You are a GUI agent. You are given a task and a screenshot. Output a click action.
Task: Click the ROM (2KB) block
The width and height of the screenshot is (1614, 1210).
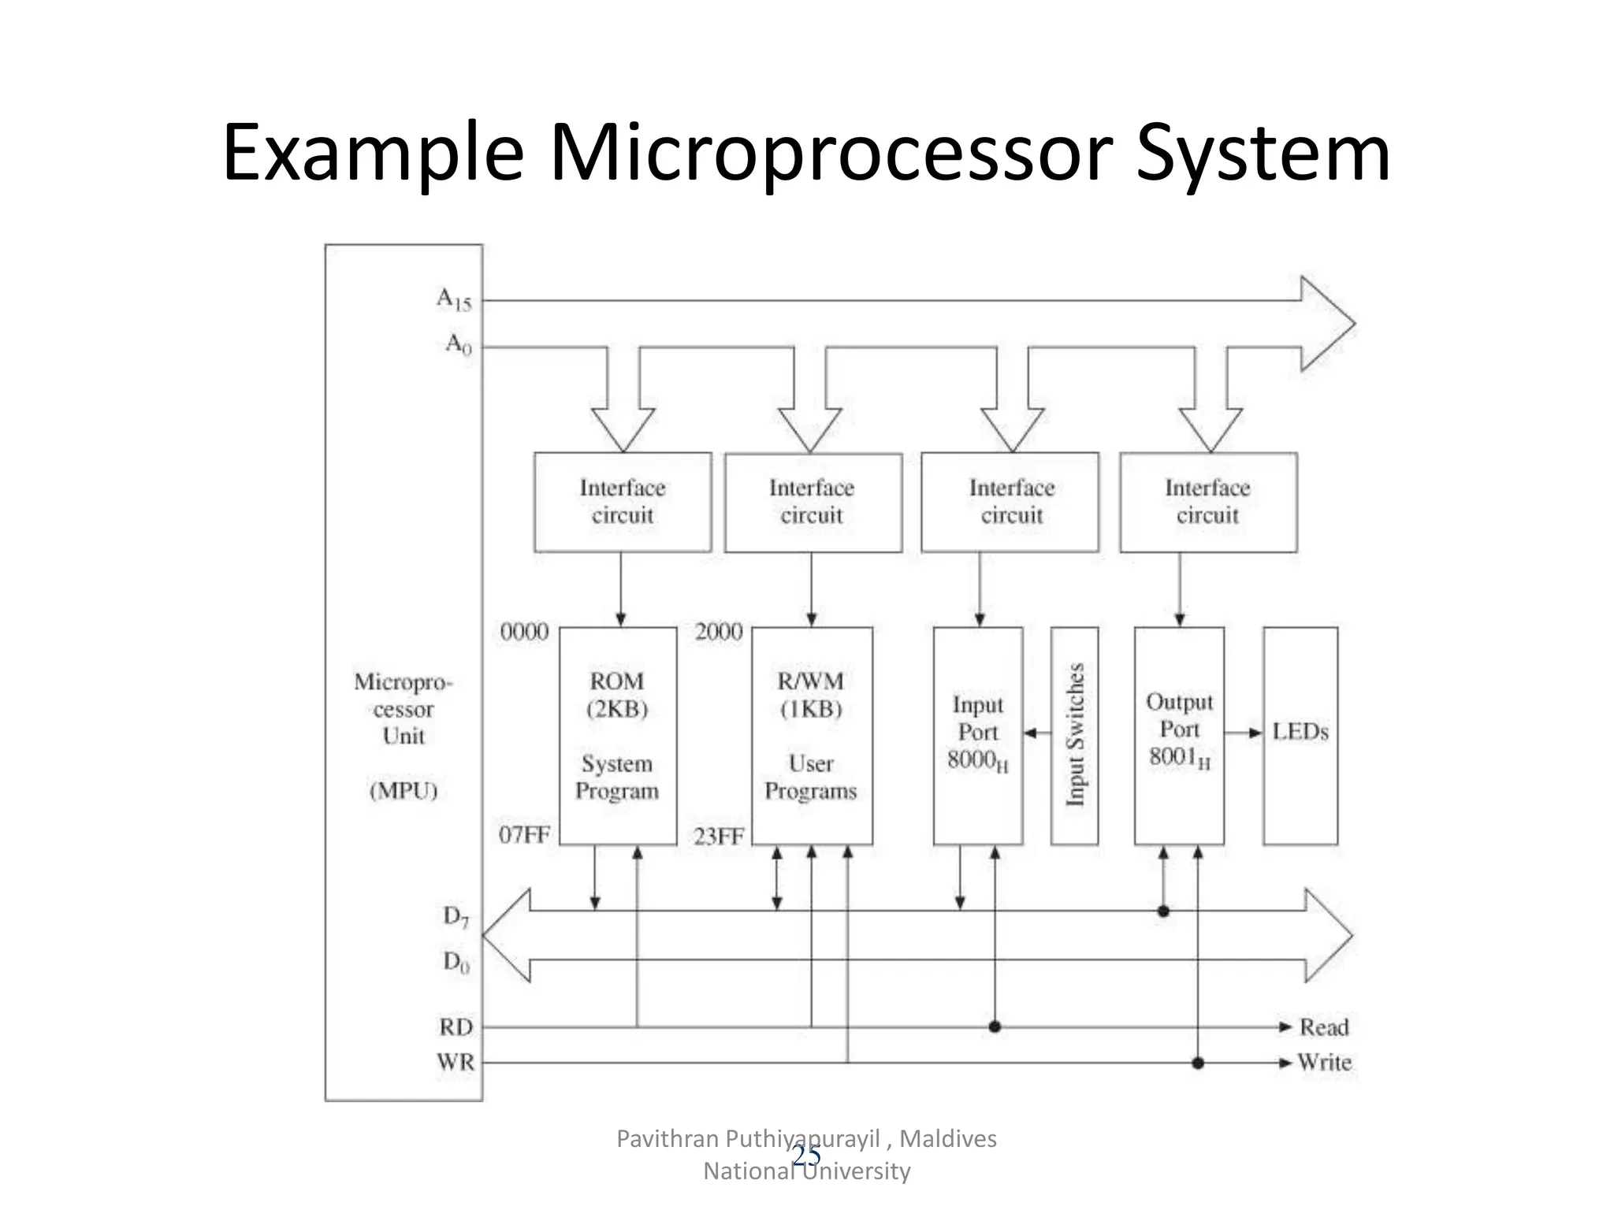618,736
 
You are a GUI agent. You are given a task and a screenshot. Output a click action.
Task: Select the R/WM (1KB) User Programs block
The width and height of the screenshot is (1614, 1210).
812,736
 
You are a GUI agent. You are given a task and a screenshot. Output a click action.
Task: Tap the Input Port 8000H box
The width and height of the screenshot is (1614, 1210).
978,736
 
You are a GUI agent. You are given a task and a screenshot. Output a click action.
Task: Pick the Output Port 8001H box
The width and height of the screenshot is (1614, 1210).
1179,736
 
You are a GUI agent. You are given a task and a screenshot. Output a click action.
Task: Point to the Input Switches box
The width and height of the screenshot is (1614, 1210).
1075,736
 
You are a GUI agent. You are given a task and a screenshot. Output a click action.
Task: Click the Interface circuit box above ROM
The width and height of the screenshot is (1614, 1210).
623,502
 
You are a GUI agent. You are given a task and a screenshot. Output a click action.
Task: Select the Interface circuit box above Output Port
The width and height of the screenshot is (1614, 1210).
1208,502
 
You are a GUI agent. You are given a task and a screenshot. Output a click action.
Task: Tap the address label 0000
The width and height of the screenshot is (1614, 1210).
524,633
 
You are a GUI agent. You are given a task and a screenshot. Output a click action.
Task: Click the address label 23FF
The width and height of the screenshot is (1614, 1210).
719,837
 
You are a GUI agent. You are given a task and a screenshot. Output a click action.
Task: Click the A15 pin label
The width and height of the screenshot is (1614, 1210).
455,299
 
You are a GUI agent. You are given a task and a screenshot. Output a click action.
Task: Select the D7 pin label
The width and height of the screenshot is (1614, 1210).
456,917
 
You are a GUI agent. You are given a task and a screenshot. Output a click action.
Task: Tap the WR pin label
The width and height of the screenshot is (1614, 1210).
456,1063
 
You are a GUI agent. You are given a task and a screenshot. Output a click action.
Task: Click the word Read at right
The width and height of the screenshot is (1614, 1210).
1324,1027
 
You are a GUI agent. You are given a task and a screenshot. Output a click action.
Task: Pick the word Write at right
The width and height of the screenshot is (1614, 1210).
1324,1063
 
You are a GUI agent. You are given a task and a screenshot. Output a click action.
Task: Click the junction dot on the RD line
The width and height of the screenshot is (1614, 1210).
995,1027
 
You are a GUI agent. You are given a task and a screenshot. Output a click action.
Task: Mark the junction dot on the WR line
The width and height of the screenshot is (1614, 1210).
1198,1063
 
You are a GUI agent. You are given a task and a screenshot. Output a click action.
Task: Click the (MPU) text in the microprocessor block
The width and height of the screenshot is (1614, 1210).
403,791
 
